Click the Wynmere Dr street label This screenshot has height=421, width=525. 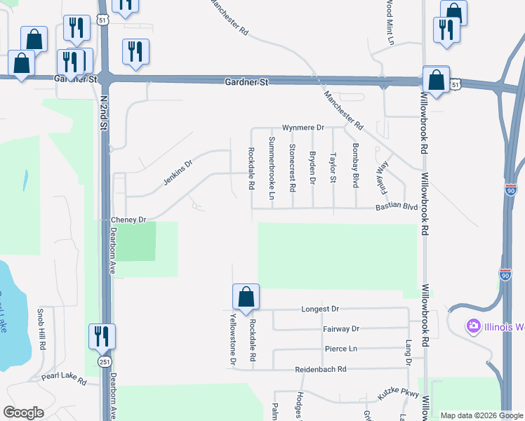(x=303, y=128)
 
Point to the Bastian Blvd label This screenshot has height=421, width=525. (x=397, y=207)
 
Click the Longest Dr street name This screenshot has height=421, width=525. (x=320, y=309)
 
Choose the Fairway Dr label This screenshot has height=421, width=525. (x=341, y=328)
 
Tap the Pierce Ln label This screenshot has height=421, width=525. (x=341, y=349)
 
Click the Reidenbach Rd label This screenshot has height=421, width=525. (x=323, y=369)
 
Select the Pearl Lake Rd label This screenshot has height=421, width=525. (x=63, y=380)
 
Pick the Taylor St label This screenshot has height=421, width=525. (x=333, y=168)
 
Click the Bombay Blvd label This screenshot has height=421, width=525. (x=355, y=165)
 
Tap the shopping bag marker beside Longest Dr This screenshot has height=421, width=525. (x=246, y=298)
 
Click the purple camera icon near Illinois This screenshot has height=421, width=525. (x=473, y=326)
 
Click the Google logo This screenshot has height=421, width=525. (x=23, y=413)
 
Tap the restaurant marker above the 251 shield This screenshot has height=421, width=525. (x=102, y=338)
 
